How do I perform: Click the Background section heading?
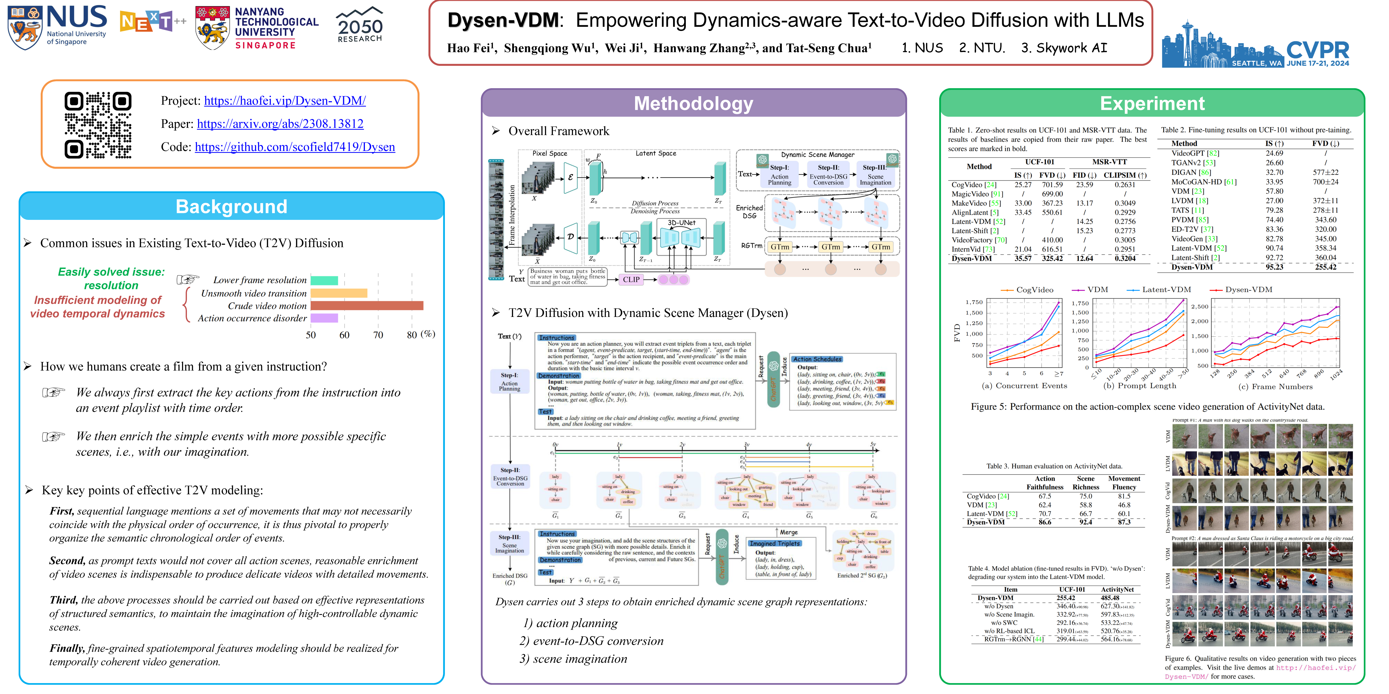coord(231,207)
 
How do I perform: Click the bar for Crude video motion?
coord(367,306)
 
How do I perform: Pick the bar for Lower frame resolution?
coord(324,280)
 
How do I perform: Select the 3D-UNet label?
coord(681,223)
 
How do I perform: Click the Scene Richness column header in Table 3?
coord(1085,483)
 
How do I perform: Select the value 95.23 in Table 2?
coord(1274,267)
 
